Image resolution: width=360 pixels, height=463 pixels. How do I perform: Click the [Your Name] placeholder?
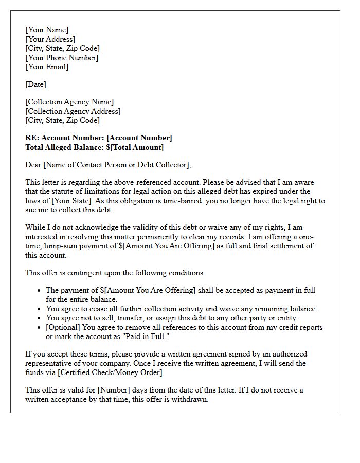coord(47,30)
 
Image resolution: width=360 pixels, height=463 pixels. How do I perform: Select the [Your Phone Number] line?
coord(62,58)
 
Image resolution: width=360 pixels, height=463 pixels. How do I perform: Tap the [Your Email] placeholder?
coord(47,67)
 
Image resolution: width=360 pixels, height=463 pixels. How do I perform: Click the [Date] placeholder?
coord(35,84)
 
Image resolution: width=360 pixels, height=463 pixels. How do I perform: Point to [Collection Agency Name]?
coord(69,102)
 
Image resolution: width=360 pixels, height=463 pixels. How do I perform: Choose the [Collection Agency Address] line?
coord(73,111)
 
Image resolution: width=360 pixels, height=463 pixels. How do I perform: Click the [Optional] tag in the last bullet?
coord(63,327)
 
